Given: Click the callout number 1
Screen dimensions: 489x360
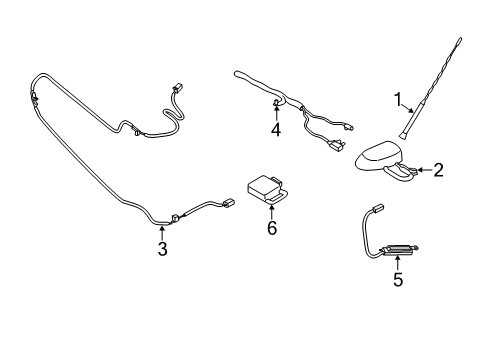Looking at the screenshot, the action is coord(398,99).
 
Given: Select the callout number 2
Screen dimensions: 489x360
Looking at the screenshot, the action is coord(438,170).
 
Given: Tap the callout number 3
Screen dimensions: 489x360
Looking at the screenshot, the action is coord(162,249).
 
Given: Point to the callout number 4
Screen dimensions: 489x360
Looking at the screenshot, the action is coord(276,130).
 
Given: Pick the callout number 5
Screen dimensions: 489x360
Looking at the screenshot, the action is coord(398,279).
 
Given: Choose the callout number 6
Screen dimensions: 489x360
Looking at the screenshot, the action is coord(272,228).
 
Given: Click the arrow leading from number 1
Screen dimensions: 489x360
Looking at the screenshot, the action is coord(408,108).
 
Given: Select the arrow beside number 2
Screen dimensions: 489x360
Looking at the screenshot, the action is coord(425,170).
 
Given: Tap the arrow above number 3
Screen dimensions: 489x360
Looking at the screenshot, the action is coord(162,233).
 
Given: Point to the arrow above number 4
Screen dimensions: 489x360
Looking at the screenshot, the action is coord(276,112).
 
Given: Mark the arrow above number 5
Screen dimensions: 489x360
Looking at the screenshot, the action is coord(398,262).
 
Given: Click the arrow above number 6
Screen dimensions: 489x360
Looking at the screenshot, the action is coord(272,212).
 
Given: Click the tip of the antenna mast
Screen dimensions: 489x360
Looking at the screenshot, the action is coord(460,38).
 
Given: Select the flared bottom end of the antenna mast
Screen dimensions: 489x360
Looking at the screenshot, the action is coord(401,135).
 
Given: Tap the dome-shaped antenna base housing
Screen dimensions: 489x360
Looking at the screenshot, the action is coord(377,156).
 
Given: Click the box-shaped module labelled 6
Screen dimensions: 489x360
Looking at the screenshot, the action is coord(267,189).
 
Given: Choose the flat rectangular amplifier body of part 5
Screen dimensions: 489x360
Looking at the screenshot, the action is coord(396,250).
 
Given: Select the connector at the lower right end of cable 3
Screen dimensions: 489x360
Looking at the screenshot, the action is coord(228,202).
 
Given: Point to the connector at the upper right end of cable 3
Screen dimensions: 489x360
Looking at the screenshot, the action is coord(176,88).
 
